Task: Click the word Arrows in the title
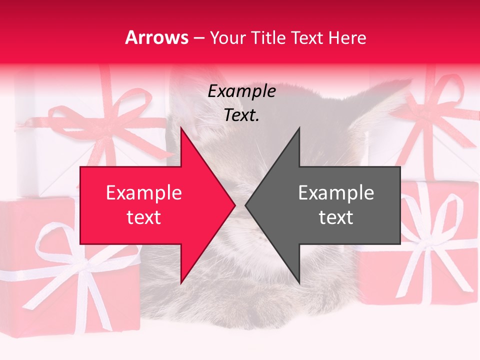coord(157,38)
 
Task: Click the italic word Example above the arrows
coord(241,91)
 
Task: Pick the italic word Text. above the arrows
coord(241,115)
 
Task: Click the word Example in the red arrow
coord(143,193)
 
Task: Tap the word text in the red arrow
coord(143,217)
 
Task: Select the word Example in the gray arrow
coord(336,193)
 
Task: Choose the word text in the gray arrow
coord(336,217)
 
